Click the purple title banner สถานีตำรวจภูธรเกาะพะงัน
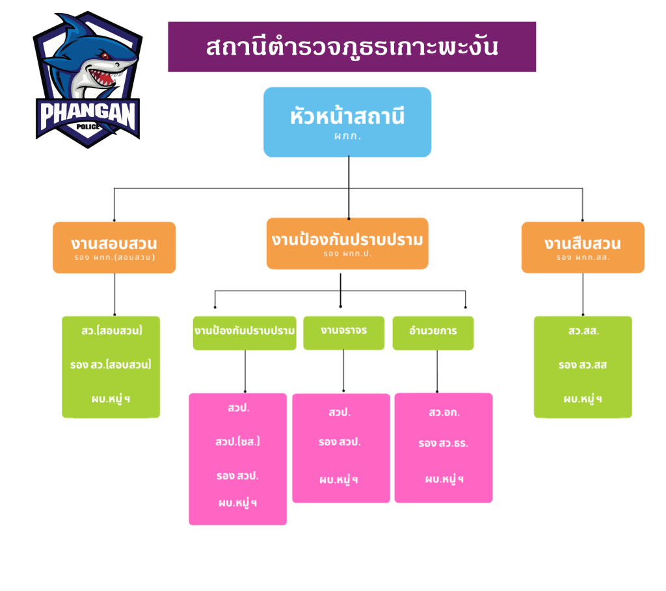(x=352, y=47)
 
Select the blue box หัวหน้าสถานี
(x=347, y=122)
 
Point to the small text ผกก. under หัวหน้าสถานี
(x=347, y=137)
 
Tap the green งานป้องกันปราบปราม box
(x=245, y=332)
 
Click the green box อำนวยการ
(x=433, y=332)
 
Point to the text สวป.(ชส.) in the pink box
(x=238, y=442)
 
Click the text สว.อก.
(x=444, y=412)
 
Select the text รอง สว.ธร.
(x=444, y=444)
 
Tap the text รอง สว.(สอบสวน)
(x=111, y=364)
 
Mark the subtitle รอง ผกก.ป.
(x=347, y=254)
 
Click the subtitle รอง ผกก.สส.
(x=583, y=257)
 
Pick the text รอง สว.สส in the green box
(x=583, y=365)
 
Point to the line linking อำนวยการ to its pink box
(x=437, y=371)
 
